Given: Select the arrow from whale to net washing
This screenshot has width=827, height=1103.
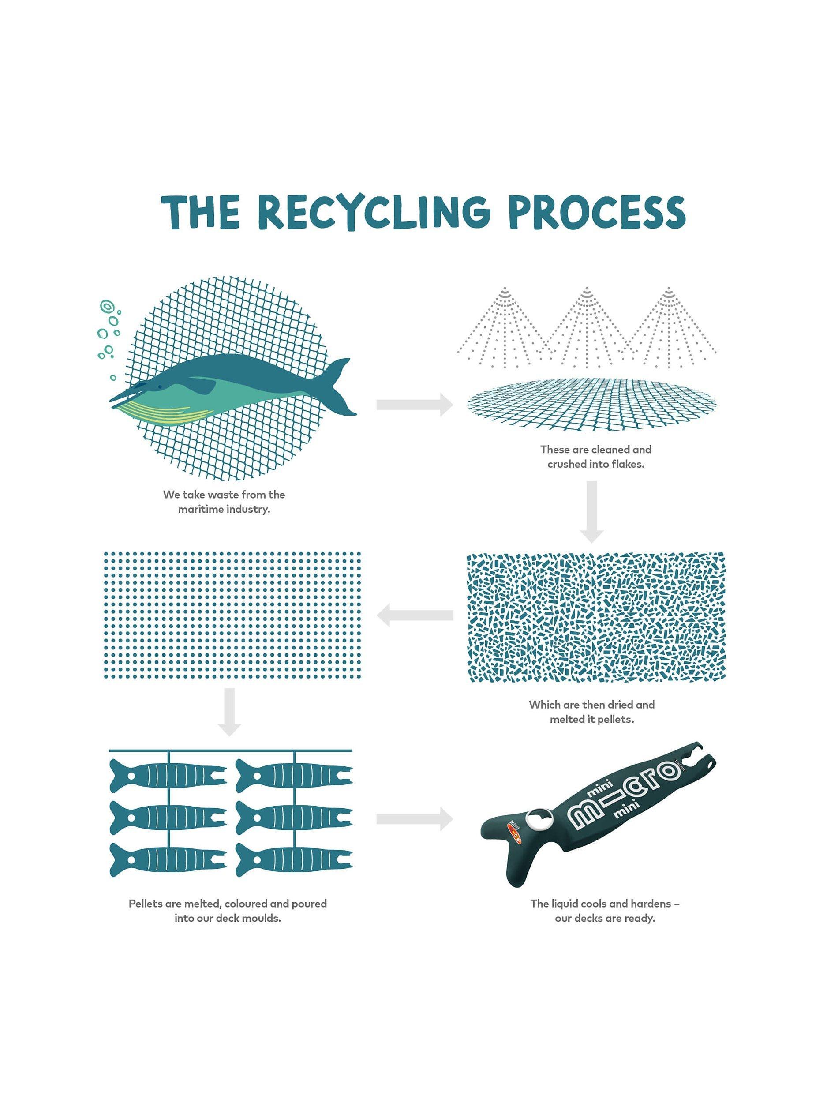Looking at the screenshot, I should [x=414, y=404].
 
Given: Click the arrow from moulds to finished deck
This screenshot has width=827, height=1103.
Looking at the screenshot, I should [x=414, y=819].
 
